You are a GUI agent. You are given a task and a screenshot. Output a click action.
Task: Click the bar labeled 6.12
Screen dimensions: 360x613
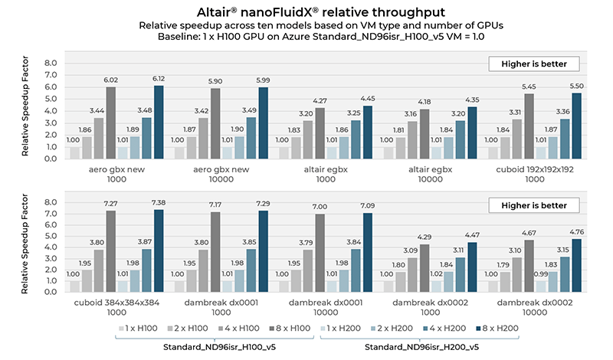click(158, 122)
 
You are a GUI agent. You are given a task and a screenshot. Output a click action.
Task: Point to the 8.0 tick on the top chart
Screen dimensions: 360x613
click(50, 63)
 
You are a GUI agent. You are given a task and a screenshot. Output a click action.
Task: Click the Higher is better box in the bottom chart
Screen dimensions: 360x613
click(529, 205)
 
